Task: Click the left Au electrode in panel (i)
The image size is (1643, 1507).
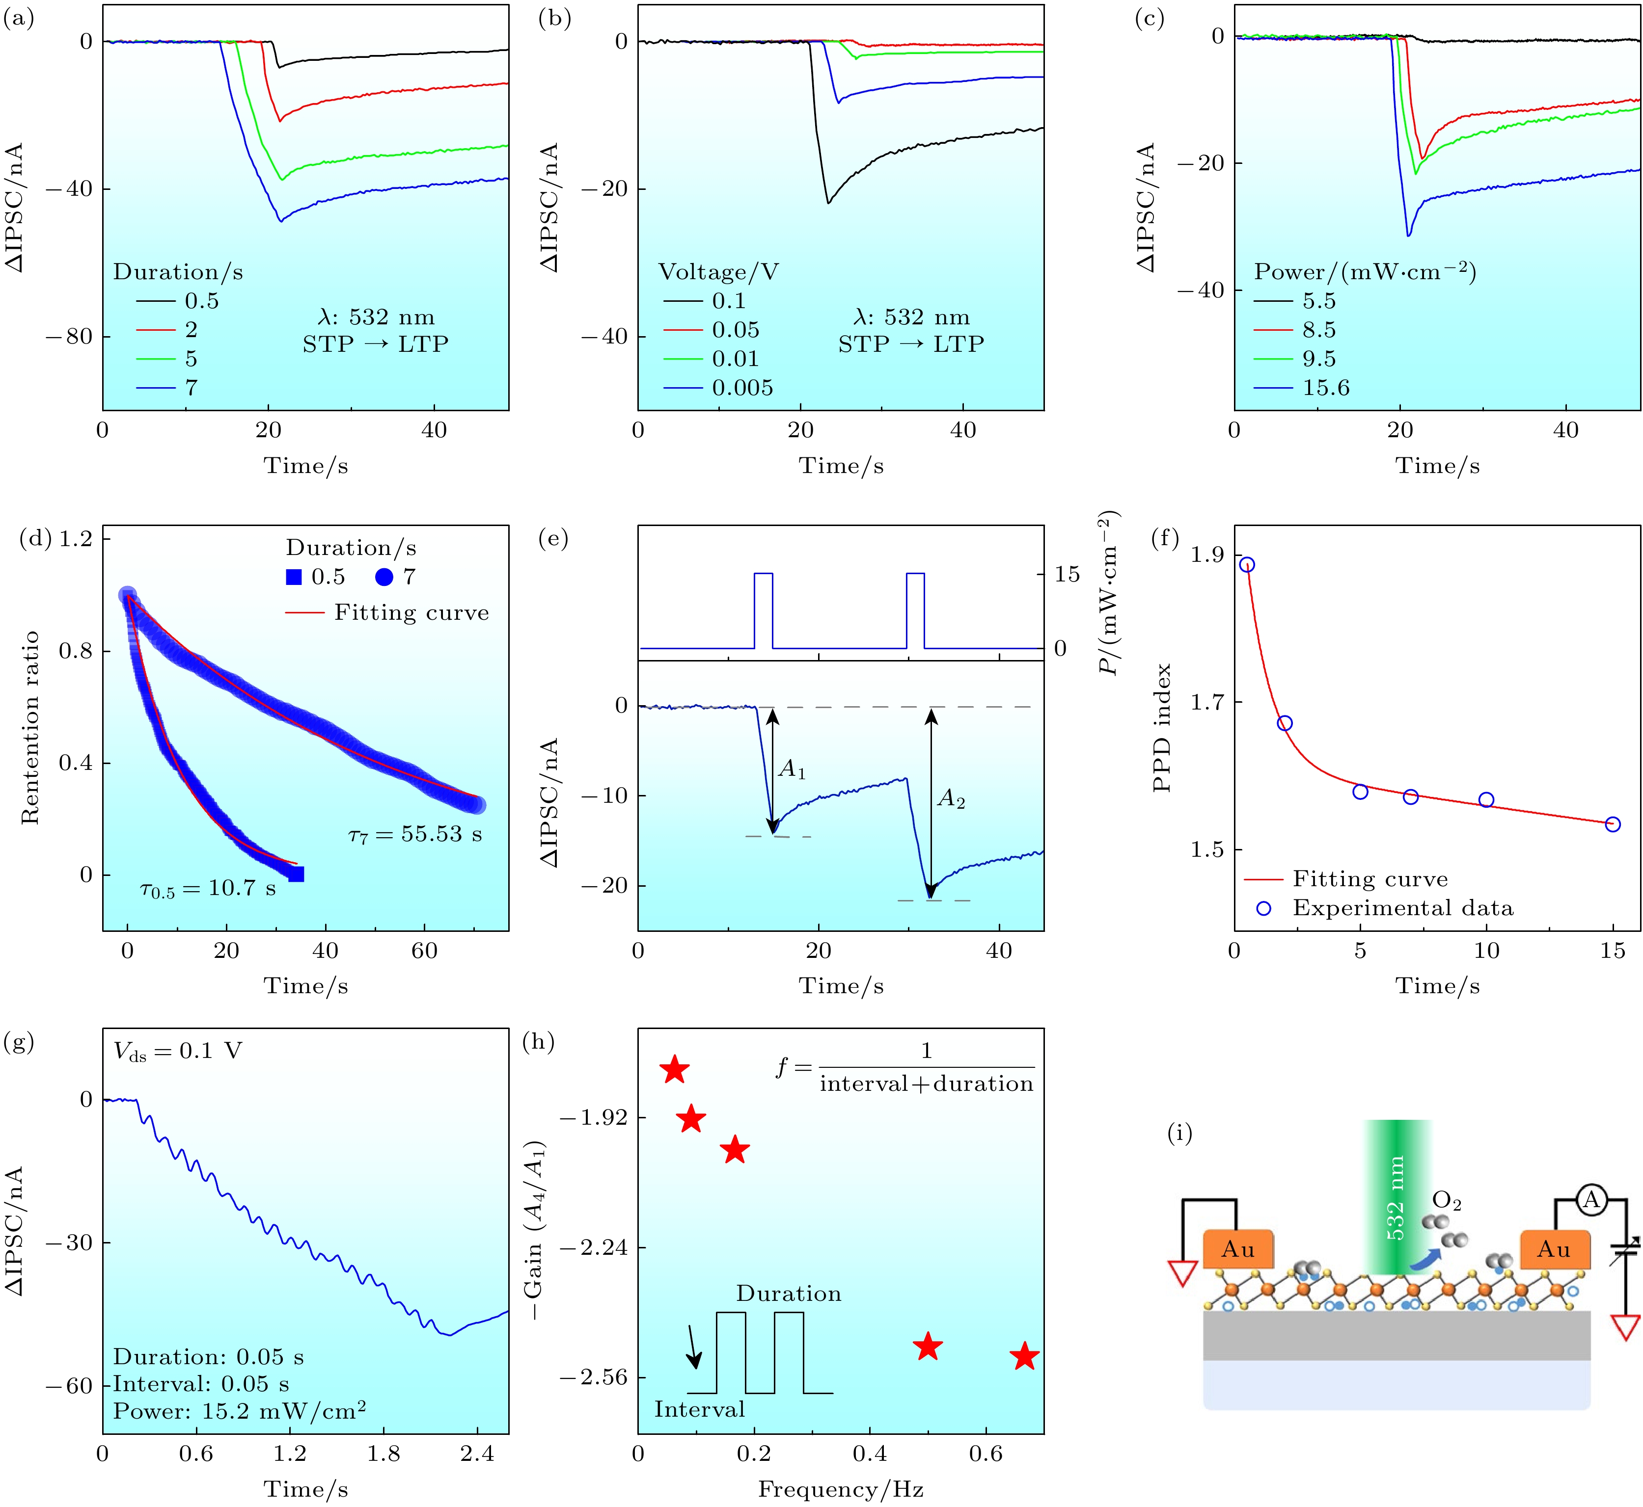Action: click(1237, 1249)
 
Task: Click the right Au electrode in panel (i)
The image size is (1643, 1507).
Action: click(1554, 1249)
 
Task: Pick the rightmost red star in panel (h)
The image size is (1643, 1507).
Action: click(1025, 1357)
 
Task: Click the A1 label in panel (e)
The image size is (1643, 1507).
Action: click(792, 769)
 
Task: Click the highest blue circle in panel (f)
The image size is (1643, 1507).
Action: click(1247, 564)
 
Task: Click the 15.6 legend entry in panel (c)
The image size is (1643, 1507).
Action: click(1326, 387)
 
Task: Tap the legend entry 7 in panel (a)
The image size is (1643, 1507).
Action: click(191, 387)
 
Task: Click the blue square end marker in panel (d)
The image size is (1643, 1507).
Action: click(296, 874)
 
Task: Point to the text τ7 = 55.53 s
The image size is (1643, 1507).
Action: click(414, 834)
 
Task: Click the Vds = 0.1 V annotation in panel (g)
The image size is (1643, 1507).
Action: click(178, 1051)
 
